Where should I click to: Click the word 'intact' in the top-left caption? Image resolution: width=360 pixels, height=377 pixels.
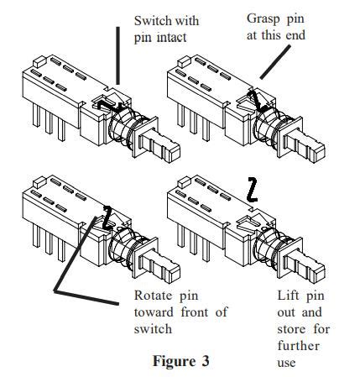click(x=172, y=37)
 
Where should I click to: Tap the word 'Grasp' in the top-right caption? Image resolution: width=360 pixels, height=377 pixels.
click(x=263, y=19)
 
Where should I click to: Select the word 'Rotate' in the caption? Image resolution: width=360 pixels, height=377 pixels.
click(x=153, y=296)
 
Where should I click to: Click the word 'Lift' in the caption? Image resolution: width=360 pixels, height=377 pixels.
click(x=288, y=296)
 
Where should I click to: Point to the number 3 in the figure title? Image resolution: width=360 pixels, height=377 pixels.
click(x=205, y=361)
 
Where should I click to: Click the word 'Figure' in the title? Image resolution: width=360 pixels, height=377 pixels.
click(x=173, y=362)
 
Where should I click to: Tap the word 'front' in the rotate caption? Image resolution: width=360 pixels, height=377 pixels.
click(x=194, y=312)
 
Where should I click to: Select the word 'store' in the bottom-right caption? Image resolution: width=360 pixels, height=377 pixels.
click(x=291, y=329)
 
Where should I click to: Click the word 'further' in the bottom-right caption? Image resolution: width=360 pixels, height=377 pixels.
click(x=298, y=346)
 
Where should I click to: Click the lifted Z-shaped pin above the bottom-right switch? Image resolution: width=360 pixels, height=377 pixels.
click(x=253, y=190)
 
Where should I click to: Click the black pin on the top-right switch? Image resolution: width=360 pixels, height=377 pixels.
click(x=256, y=101)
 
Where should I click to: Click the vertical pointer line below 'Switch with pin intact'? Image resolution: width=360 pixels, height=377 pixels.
click(x=118, y=55)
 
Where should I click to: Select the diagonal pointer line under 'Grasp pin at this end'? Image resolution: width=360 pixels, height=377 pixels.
click(x=275, y=61)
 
